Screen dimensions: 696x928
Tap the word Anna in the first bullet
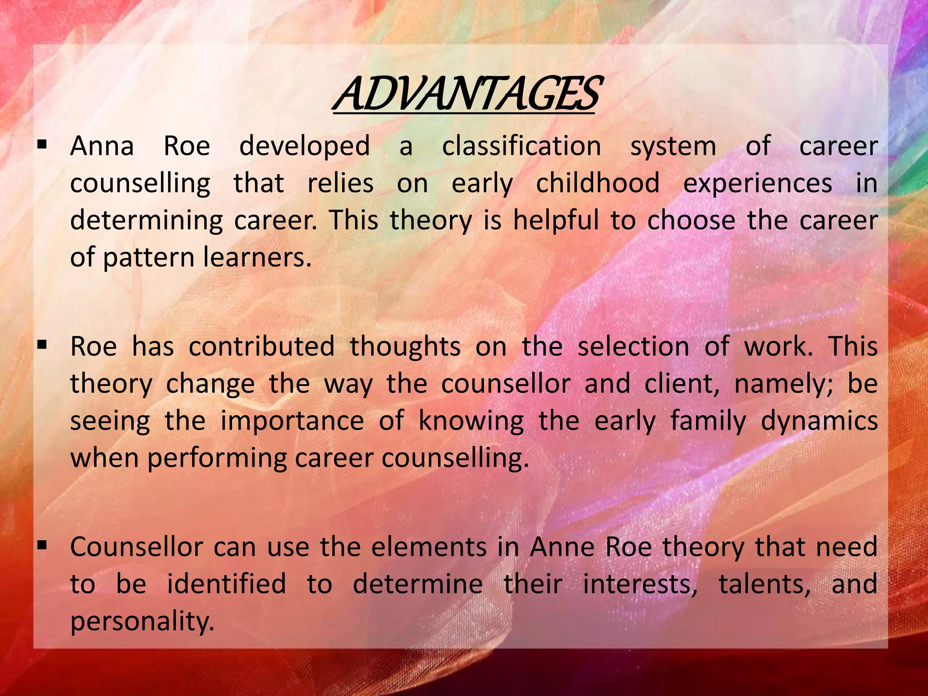click(x=102, y=146)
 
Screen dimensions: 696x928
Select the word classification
click(x=522, y=146)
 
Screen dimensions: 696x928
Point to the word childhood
click(x=598, y=184)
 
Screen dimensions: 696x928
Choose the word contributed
click(x=261, y=347)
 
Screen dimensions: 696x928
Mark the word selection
click(x=633, y=347)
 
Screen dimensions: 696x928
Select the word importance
click(x=292, y=421)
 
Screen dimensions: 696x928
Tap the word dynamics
click(x=819, y=421)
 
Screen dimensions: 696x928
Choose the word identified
click(x=227, y=584)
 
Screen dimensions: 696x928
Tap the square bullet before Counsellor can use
click(x=43, y=546)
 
